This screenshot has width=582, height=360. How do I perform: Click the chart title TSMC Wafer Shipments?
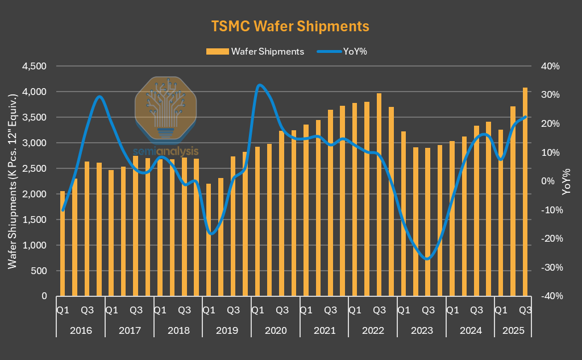(x=290, y=26)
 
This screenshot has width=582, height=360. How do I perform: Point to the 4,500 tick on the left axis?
(x=34, y=66)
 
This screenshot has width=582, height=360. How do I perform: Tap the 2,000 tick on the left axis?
(x=34, y=194)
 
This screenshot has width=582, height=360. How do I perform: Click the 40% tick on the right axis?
(x=550, y=66)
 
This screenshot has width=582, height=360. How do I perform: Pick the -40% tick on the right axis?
(x=549, y=296)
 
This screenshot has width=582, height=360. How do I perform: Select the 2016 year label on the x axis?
(x=80, y=330)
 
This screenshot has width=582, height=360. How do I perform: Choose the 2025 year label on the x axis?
(x=513, y=330)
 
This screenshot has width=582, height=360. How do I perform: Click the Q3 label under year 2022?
(x=379, y=310)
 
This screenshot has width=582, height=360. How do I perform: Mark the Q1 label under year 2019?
(x=209, y=310)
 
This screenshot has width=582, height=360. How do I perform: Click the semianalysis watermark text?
(x=167, y=152)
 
